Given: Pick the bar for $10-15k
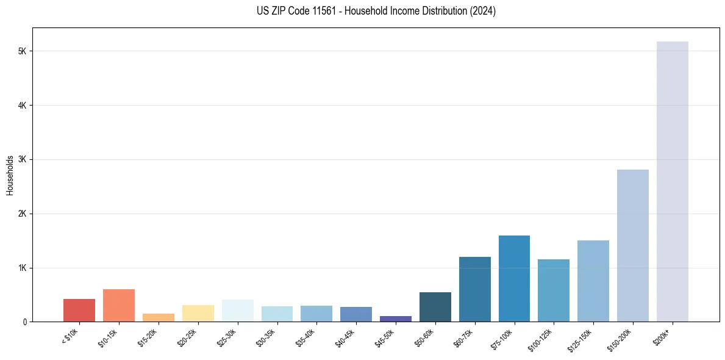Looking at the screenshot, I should point(119,305).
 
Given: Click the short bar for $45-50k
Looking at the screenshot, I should point(395,319).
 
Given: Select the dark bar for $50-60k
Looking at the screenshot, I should point(435,307).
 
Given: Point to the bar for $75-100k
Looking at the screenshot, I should point(514,278).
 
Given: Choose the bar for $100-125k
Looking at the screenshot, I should point(554,290).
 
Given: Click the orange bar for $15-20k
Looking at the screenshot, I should point(159,317).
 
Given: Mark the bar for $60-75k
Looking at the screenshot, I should point(474,289).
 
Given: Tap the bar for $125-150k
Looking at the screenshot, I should point(593,281).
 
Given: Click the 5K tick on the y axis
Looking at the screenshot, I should point(23,51).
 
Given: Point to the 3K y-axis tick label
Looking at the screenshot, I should point(23,160).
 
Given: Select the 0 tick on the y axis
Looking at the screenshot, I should point(24,322).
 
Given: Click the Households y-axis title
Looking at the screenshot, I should point(10,175).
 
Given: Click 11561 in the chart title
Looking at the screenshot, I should point(324,11).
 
